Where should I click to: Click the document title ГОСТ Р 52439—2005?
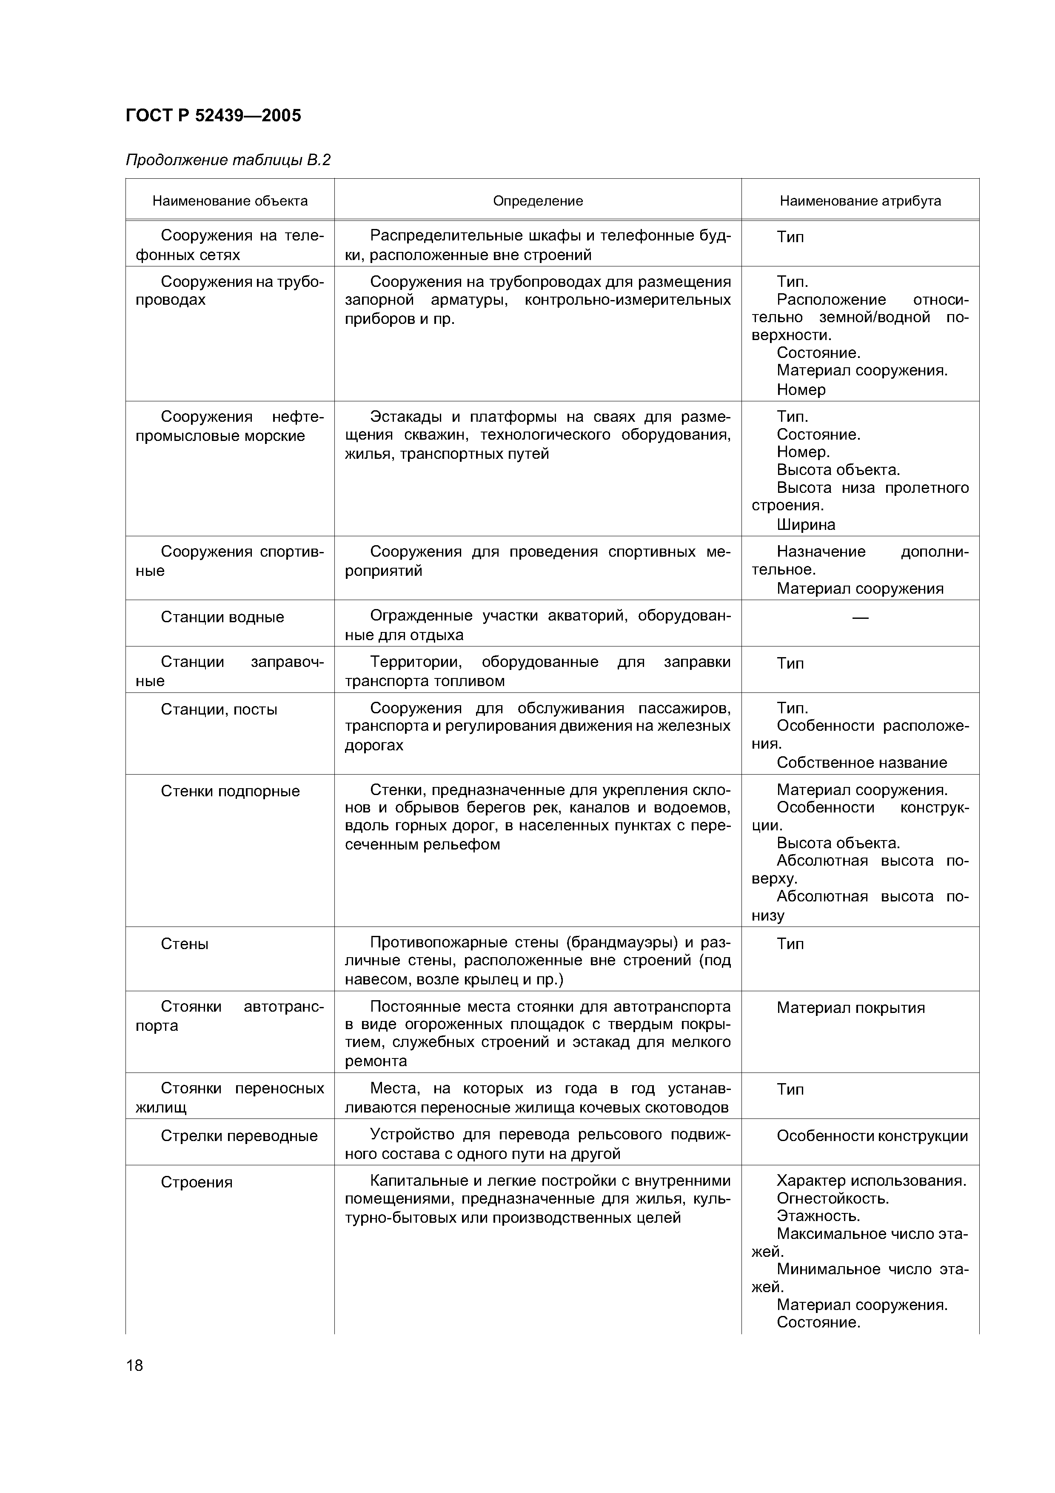point(213,116)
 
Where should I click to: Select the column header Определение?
point(538,201)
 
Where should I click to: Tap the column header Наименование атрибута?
point(860,201)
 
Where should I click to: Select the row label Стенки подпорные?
point(230,791)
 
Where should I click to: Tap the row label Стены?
point(185,944)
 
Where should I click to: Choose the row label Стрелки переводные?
point(239,1136)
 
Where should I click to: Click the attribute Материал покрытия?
point(850,1008)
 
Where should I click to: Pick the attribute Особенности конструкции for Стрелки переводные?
point(872,1136)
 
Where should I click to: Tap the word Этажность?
point(818,1216)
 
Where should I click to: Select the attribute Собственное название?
point(862,763)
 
